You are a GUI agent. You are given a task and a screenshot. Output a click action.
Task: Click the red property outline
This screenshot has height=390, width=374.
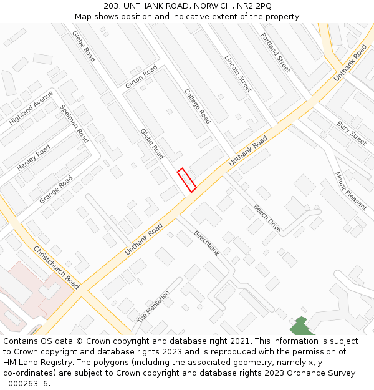coord(186,180)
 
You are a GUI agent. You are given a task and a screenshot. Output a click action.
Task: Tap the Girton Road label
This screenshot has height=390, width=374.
coord(141,78)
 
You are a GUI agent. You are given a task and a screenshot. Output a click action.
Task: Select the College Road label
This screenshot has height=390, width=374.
coord(196,105)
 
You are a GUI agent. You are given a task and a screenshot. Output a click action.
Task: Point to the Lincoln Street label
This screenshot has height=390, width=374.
coord(237,74)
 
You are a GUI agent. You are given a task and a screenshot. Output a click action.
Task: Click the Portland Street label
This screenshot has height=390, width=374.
coord(276,52)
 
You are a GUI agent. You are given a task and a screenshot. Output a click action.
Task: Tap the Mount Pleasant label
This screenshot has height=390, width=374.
coord(351,191)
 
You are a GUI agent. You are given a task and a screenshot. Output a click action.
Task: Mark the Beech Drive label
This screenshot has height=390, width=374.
coord(267,218)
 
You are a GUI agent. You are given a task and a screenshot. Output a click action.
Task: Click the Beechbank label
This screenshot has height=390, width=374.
coord(206,243)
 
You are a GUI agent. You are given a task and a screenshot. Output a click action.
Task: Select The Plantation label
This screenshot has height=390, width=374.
coord(153,306)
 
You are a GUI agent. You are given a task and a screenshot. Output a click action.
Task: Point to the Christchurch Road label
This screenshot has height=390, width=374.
coord(56,267)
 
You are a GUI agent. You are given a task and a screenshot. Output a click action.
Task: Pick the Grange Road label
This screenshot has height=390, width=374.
coord(56,190)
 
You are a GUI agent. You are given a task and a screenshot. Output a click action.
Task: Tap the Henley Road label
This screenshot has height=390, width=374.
coord(34,158)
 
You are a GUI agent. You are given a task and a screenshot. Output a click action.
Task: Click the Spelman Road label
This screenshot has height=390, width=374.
coord(74,124)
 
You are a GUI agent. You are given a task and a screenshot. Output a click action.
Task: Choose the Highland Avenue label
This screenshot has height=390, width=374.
coord(31,107)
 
